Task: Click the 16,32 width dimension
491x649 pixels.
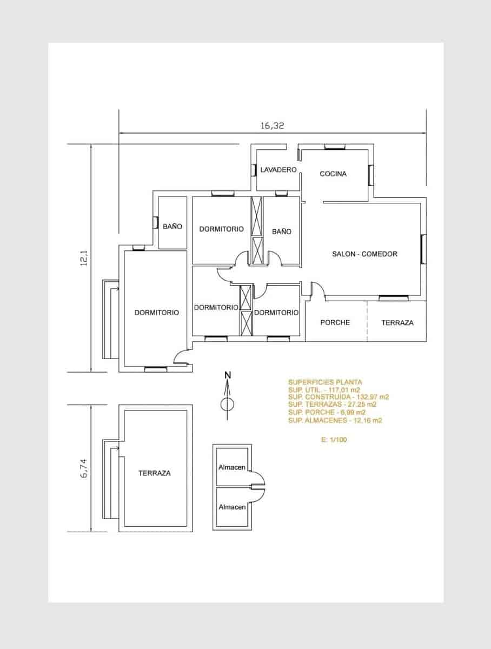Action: point(272,125)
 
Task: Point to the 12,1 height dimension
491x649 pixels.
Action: point(84,258)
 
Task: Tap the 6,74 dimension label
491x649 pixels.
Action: point(84,468)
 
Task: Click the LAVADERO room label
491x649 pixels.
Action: point(278,170)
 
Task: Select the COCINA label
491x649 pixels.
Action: point(333,174)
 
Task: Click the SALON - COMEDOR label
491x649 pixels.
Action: point(365,254)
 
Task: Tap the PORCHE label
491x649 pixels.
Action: point(335,322)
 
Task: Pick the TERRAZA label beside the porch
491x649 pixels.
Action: point(397,323)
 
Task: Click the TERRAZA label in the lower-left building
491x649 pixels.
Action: point(155,473)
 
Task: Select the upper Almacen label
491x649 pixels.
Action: point(232,467)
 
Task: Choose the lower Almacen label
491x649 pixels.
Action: point(232,507)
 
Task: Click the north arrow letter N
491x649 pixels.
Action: point(227,375)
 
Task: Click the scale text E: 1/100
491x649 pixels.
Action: point(334,440)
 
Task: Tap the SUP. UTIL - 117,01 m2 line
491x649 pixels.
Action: point(324,390)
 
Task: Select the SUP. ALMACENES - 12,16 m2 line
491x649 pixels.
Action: point(335,420)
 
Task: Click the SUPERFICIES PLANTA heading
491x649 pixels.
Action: point(325,382)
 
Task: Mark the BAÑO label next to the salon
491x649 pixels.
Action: point(281,231)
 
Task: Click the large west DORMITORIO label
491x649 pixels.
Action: point(157,313)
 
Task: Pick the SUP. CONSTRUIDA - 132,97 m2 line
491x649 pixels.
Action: point(339,397)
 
